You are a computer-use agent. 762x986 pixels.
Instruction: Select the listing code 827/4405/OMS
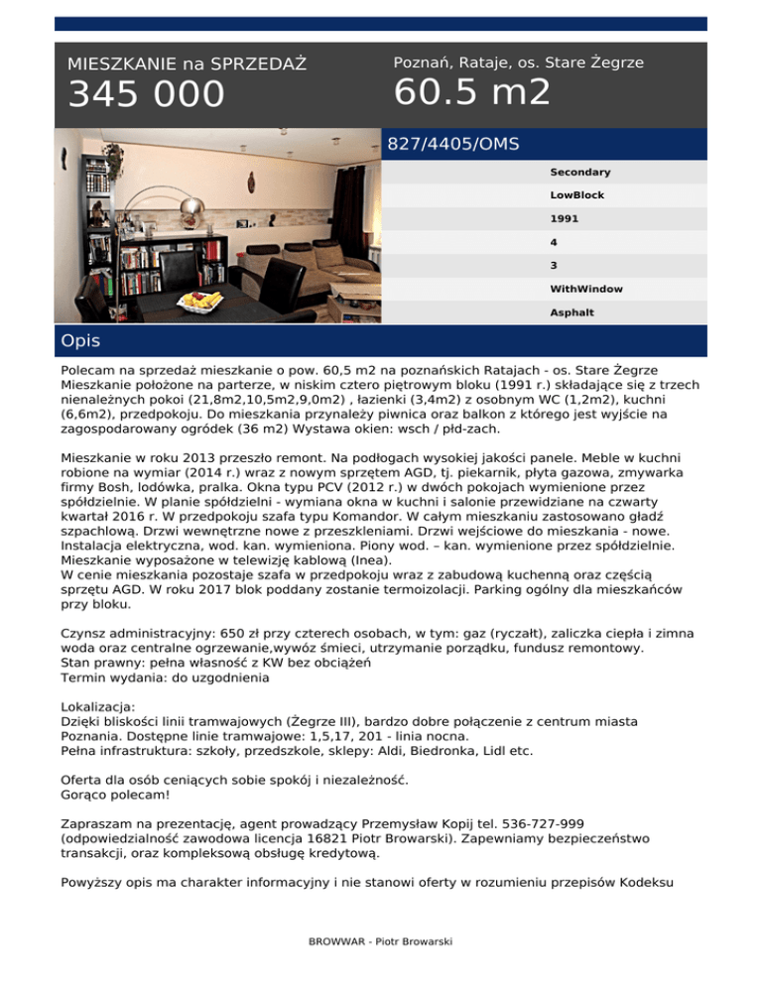pos(452,144)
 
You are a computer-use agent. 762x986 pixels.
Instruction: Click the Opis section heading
pos(79,341)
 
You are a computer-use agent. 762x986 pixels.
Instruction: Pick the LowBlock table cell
pos(576,195)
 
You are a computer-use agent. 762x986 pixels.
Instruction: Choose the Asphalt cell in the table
pos(571,312)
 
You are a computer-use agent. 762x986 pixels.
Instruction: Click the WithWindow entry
pos(586,289)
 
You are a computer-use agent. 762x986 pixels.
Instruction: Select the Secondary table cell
pos(579,173)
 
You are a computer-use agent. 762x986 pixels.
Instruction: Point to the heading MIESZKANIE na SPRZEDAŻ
pos(187,64)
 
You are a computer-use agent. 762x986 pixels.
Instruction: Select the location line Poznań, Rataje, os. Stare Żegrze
pos(518,62)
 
